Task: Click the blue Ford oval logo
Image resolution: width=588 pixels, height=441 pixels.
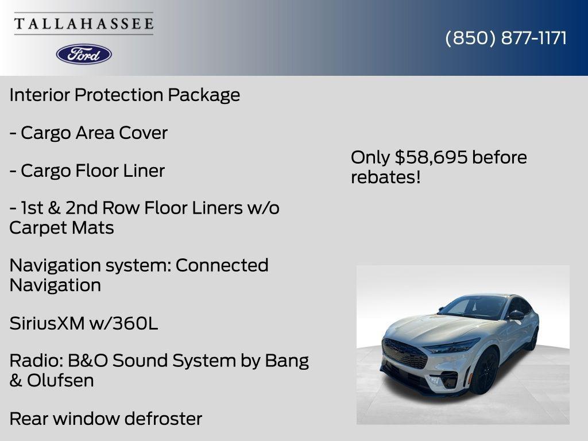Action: [x=84, y=54]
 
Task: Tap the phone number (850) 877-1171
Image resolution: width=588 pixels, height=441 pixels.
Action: [x=506, y=38]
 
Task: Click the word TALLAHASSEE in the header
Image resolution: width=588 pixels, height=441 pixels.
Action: [x=84, y=24]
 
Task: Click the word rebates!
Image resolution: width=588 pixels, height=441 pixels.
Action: [x=385, y=177]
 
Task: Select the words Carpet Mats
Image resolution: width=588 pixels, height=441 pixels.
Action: [x=61, y=228]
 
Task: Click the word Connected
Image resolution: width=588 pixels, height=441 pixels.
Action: [x=222, y=265]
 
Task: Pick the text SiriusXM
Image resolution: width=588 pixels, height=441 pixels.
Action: [x=47, y=324]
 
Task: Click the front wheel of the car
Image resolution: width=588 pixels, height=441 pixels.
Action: [x=483, y=372]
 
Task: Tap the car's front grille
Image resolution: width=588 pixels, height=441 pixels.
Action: [x=405, y=353]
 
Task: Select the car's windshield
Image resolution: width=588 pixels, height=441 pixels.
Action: [x=474, y=307]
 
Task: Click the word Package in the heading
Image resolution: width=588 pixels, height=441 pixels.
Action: [x=204, y=95]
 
